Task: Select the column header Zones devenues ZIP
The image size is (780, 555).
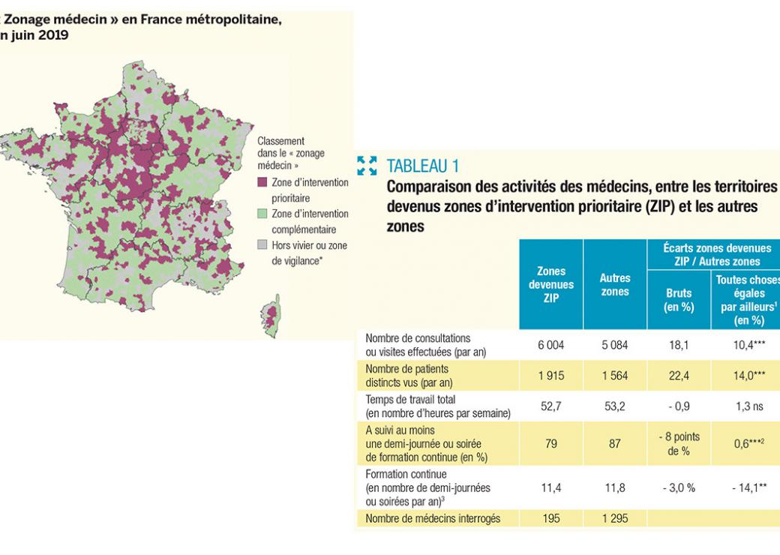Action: click(x=551, y=284)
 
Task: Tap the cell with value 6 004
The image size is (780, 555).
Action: click(x=551, y=346)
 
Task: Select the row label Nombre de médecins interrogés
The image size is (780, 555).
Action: click(x=432, y=518)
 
